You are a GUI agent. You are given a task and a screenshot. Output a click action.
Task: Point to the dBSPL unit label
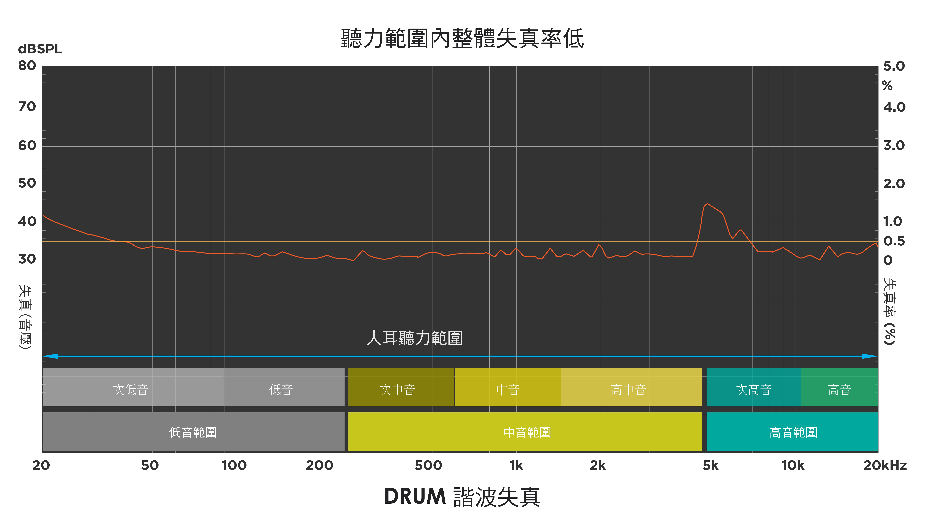tap(40, 49)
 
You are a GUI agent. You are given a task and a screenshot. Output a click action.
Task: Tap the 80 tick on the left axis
tap(27, 66)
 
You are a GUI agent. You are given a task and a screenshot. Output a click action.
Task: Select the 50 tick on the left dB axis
tap(27, 183)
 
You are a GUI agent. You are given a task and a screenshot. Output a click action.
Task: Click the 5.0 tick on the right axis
tap(894, 66)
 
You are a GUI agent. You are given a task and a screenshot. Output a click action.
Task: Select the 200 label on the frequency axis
tap(319, 465)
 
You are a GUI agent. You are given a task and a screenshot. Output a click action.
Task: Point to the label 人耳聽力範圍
tap(415, 338)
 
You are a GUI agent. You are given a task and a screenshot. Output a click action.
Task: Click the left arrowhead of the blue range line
tap(50, 356)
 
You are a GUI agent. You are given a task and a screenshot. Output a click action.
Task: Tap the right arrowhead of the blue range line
tap(870, 356)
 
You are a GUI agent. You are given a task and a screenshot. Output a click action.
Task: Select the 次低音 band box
tap(134, 387)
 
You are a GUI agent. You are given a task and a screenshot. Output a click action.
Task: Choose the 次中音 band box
tap(401, 387)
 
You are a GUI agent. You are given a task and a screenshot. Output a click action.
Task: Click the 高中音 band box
tap(631, 387)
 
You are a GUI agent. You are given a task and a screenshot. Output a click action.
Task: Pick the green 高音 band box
tap(840, 387)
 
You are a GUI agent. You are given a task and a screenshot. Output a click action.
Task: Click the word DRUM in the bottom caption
tap(415, 496)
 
